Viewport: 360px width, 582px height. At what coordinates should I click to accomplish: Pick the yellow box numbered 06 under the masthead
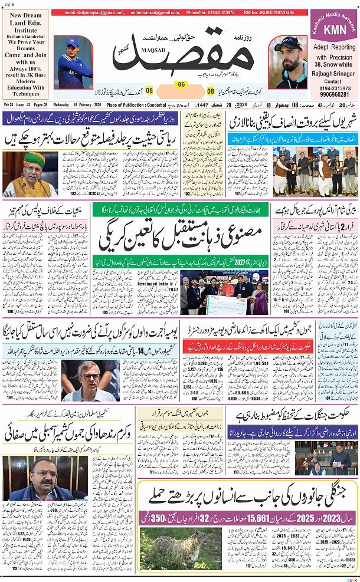[181, 84]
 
